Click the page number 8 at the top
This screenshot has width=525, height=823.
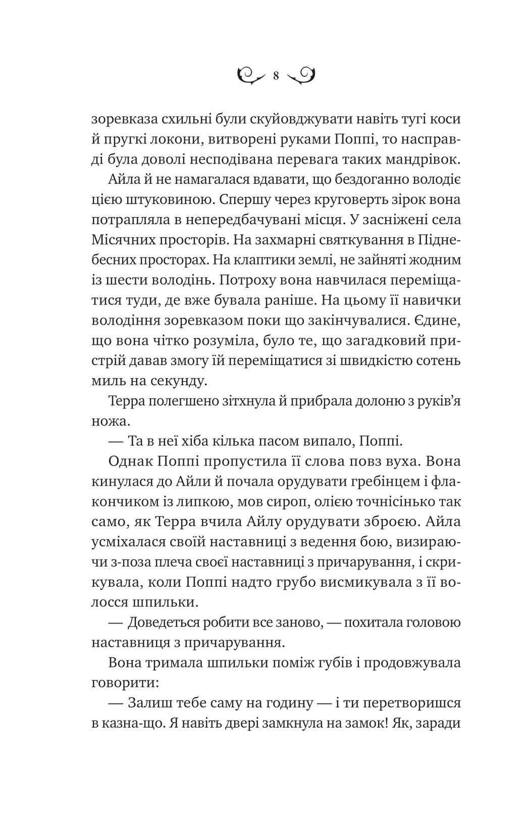276,76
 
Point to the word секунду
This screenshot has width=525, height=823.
172,381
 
